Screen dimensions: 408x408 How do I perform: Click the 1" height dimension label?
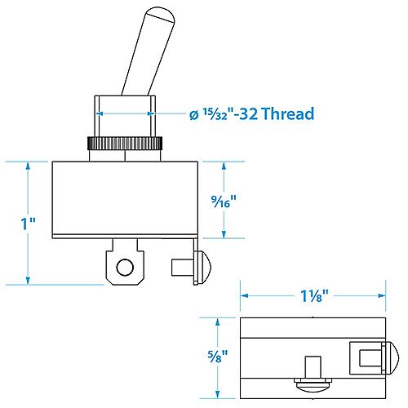[29, 224]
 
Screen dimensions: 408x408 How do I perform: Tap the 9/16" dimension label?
[224, 202]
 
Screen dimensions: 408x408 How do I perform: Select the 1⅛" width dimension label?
[314, 295]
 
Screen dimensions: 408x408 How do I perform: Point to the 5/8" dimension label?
[218, 357]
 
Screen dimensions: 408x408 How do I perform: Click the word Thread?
[289, 113]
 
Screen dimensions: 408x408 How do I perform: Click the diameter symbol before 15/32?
[193, 116]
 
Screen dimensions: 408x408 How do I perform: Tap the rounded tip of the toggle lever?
[161, 14]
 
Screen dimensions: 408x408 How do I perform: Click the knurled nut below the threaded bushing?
[125, 144]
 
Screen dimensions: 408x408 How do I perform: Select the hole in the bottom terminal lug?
[125, 268]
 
